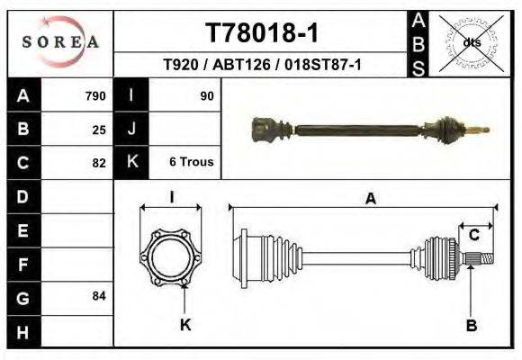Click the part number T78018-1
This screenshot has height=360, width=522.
click(262, 33)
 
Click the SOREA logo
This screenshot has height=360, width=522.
click(60, 41)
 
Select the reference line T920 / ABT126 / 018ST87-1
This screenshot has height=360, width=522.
click(262, 66)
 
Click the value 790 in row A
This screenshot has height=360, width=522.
click(95, 95)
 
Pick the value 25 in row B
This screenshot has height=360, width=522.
click(99, 130)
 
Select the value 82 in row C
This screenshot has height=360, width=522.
click(99, 164)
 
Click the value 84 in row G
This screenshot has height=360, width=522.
click(99, 295)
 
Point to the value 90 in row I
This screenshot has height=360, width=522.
click(206, 95)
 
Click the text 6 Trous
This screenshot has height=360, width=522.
click(191, 162)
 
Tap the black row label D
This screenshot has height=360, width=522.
click(22, 195)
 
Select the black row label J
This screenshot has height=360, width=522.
click(131, 129)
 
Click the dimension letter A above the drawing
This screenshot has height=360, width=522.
click(370, 200)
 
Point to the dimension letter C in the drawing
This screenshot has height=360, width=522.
click(474, 235)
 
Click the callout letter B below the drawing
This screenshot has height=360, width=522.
click(471, 326)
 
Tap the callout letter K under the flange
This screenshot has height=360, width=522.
click(185, 325)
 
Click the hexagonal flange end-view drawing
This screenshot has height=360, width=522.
click(171, 259)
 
